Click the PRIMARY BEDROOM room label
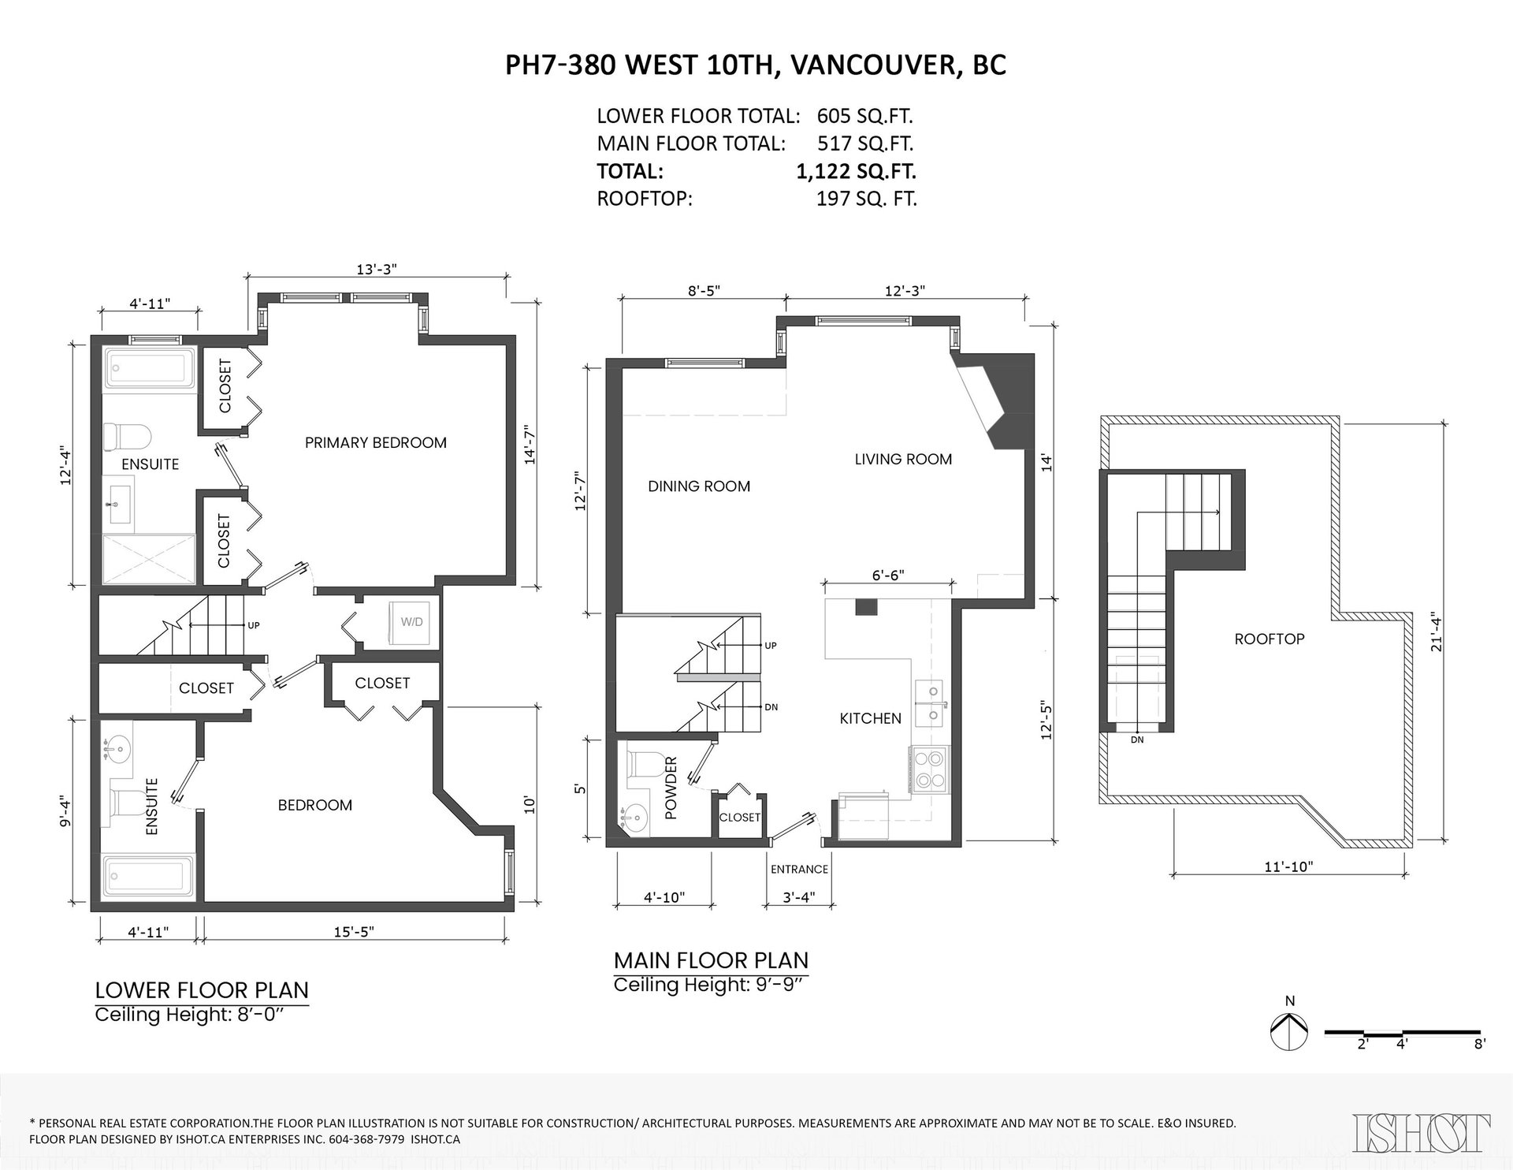376,442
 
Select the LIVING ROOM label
903,459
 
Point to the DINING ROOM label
699,486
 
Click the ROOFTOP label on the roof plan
1270,639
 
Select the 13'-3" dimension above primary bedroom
376,268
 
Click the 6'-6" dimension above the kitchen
887,575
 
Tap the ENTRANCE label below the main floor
799,869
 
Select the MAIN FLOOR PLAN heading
711,960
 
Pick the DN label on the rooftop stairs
1137,740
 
